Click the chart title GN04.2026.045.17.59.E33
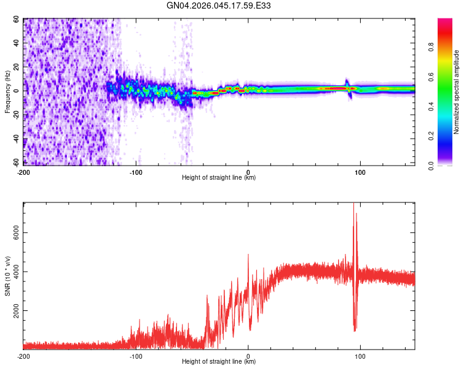(x=219, y=6)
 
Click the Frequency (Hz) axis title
(x=7, y=92)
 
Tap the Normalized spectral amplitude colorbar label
(x=457, y=92)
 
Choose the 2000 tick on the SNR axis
(x=14, y=311)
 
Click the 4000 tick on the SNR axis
(x=14, y=272)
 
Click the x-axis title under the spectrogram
(x=219, y=178)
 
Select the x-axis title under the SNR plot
(x=219, y=362)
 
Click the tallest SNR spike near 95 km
(x=353, y=206)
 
